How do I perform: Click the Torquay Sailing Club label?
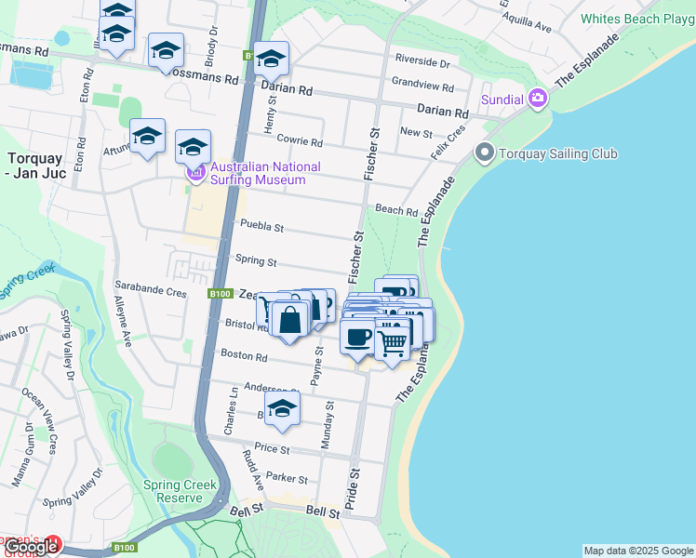(x=558, y=153)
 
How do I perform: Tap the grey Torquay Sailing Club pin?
(x=484, y=153)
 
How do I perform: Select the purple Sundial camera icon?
(x=538, y=99)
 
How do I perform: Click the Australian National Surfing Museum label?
(x=265, y=173)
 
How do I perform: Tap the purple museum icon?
(x=195, y=173)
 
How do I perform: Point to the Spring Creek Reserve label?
(x=180, y=491)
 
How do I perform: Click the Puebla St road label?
(x=261, y=226)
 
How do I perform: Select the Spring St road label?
(x=257, y=262)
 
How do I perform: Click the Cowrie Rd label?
(x=299, y=142)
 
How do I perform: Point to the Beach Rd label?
(x=395, y=211)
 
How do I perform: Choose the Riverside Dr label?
(x=422, y=64)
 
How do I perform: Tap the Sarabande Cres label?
(x=151, y=291)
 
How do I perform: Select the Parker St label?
(x=287, y=478)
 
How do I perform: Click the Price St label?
(x=273, y=448)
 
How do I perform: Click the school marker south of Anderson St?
(x=283, y=407)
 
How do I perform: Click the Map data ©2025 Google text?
(x=637, y=551)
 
